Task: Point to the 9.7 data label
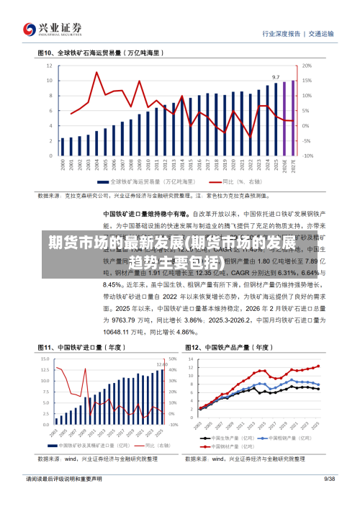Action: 275,76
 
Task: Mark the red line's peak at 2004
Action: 96,73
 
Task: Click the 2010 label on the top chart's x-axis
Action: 148,166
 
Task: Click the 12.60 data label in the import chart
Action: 162,365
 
